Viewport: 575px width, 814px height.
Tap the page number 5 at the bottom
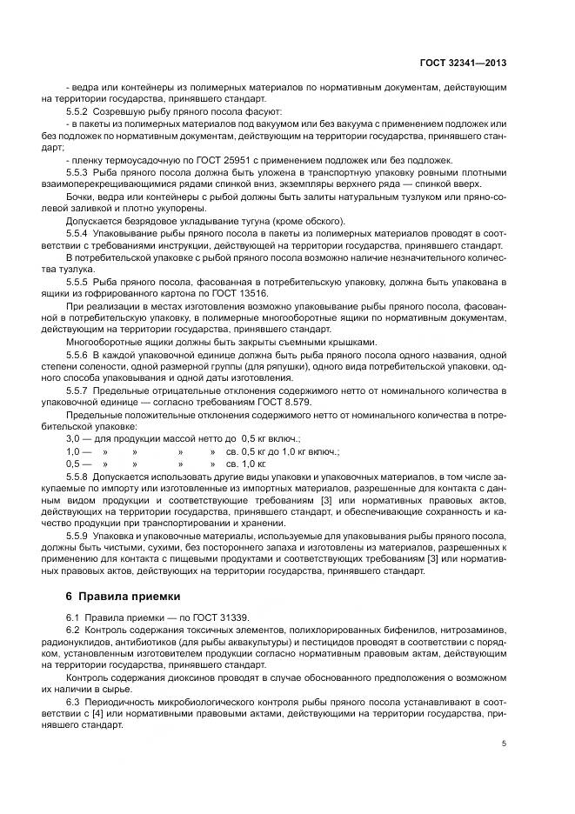(x=505, y=744)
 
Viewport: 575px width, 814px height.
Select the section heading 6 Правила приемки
(x=123, y=596)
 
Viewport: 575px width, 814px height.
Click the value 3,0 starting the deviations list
(x=73, y=440)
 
